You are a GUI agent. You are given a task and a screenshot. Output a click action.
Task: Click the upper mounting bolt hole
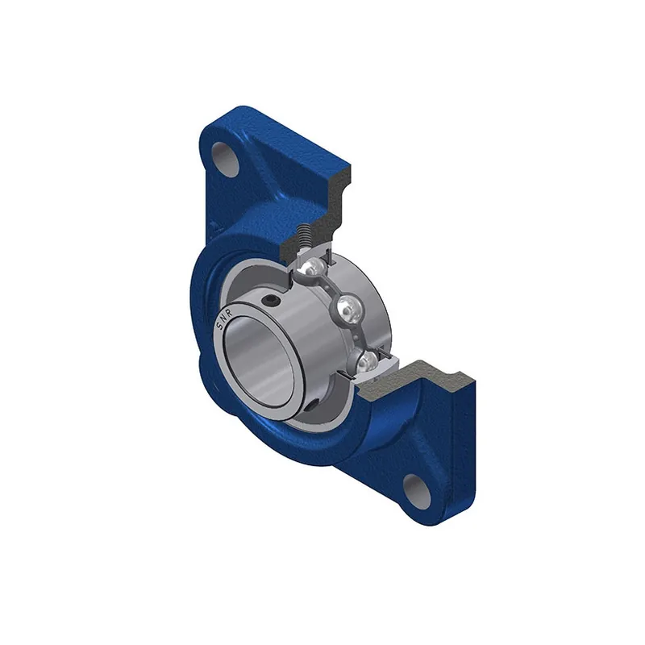point(227,160)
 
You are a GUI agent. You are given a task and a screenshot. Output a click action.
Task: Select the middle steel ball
point(349,306)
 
